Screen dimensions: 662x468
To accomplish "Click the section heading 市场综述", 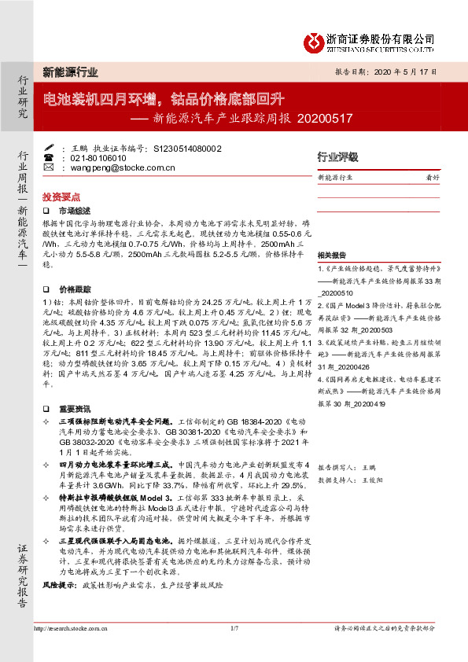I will (x=76, y=211).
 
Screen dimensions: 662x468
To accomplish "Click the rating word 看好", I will (x=432, y=178).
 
